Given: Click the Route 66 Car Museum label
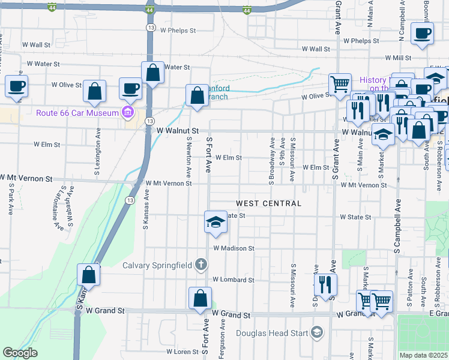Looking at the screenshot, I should coord(77,112).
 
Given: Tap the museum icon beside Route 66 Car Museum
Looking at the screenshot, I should coord(127,112).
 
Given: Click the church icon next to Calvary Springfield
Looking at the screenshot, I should coord(200,265).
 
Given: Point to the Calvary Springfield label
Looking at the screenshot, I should coord(157,265).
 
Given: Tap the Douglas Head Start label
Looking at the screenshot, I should coord(271,333).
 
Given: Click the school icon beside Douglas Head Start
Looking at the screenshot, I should coord(316,332).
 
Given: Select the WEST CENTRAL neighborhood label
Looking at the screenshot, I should coord(268,203).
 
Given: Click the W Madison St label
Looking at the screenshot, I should coord(233,248).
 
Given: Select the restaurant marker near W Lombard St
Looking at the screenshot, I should coord(325,284).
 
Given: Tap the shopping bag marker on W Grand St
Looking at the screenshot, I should coord(200,298).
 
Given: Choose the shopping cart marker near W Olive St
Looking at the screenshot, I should coord(340,84).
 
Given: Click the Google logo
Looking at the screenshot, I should coord(20,353).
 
